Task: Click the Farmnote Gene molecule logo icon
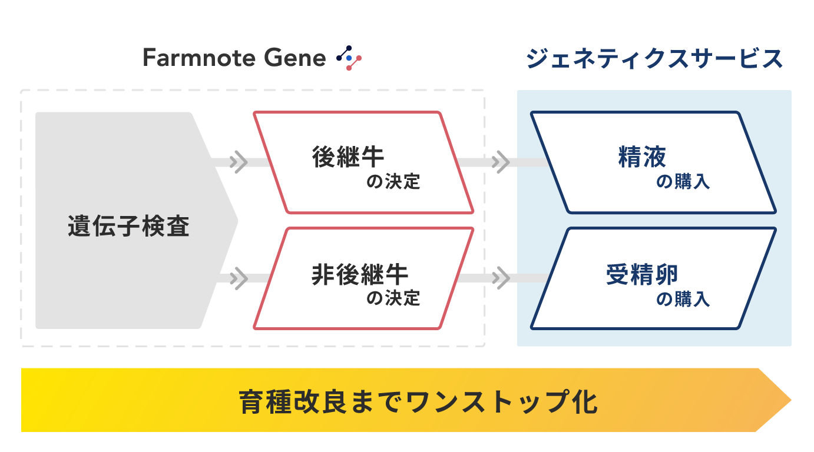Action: click(x=349, y=58)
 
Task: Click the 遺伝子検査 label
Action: click(x=128, y=227)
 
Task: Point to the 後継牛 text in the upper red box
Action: click(x=348, y=157)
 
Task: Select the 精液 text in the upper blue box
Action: click(x=642, y=157)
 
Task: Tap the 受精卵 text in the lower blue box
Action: click(x=642, y=274)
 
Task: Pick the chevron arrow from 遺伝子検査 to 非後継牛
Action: click(x=239, y=278)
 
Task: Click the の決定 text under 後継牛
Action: click(x=393, y=182)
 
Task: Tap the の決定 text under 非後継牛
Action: click(x=393, y=299)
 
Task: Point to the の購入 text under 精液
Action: click(x=683, y=182)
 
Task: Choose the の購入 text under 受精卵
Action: click(x=683, y=299)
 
